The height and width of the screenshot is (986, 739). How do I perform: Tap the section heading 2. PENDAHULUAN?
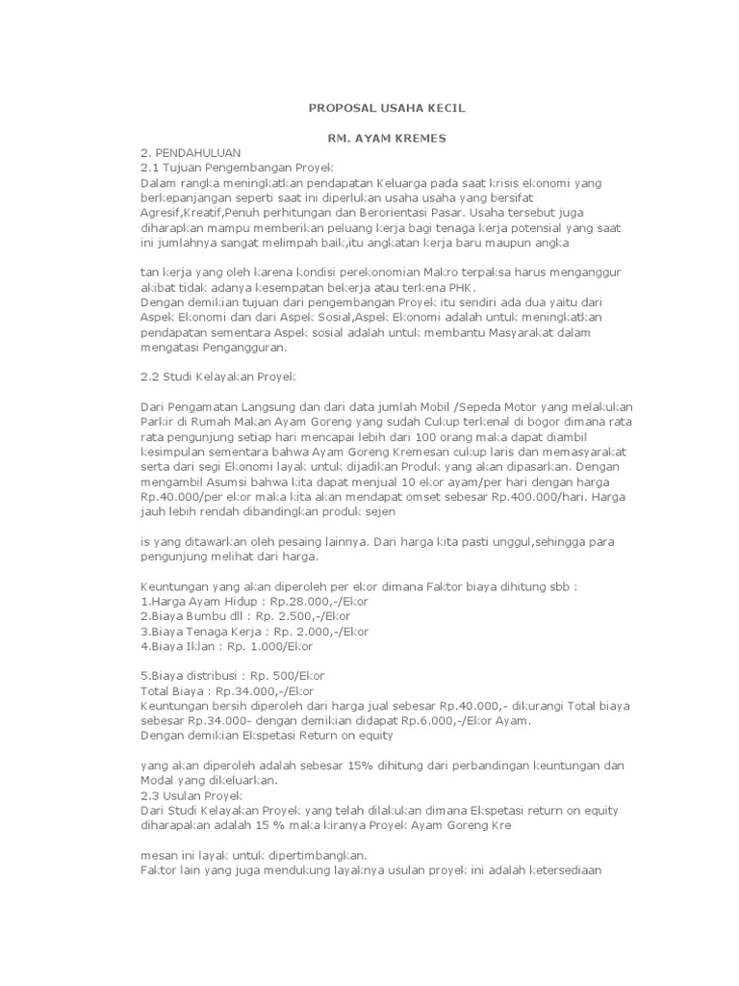[x=191, y=153]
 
